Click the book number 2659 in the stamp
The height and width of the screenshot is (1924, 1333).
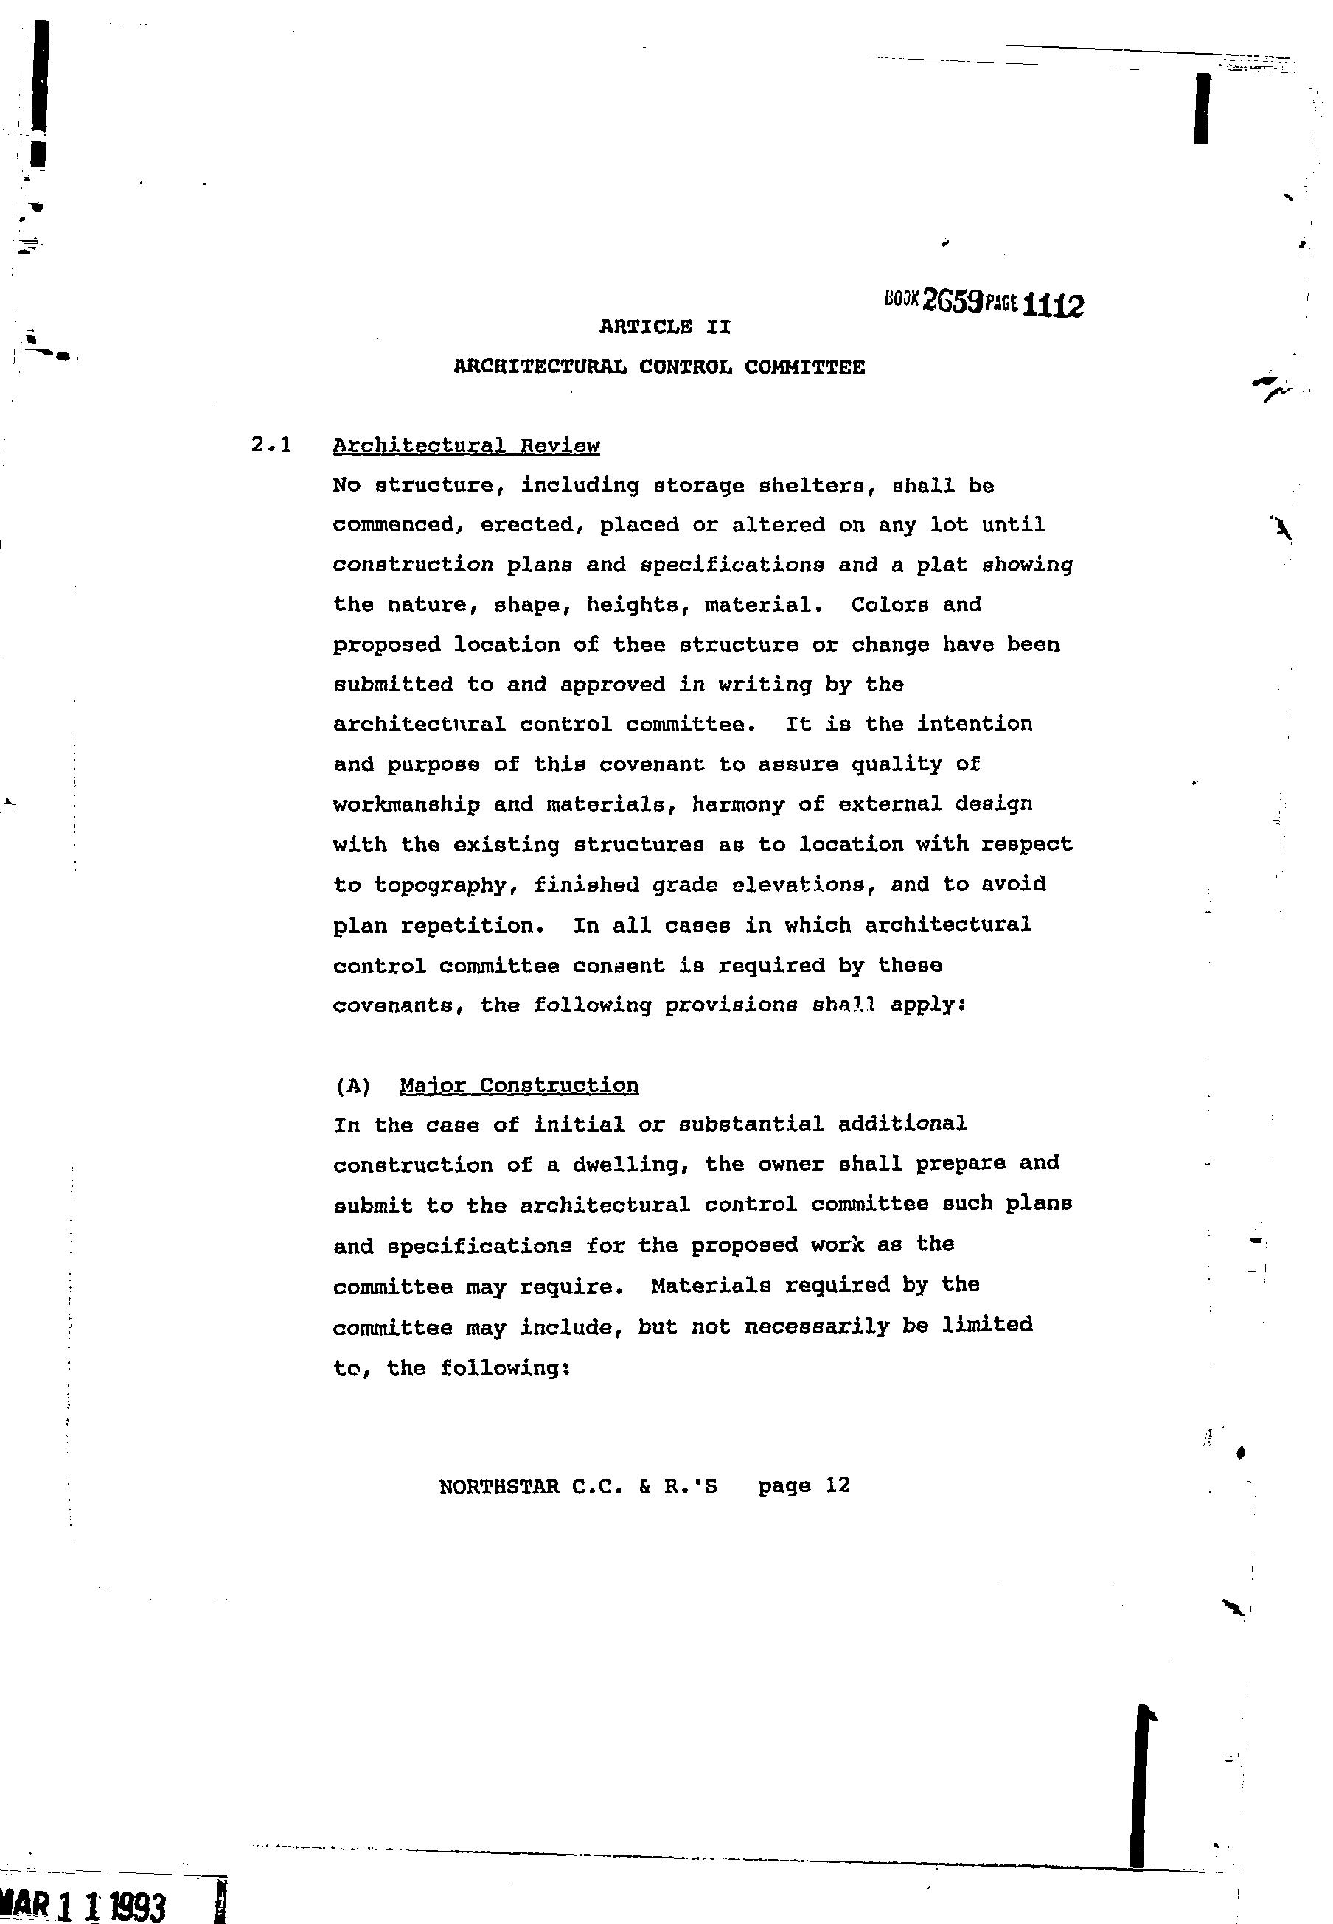click(951, 302)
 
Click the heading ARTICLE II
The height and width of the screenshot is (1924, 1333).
click(665, 327)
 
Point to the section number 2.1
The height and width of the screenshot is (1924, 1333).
click(271, 445)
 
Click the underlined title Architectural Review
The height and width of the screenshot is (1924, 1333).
click(466, 445)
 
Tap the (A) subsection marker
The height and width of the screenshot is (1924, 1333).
click(352, 1086)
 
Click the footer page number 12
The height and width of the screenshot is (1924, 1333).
click(837, 1485)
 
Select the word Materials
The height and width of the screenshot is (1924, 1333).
click(710, 1284)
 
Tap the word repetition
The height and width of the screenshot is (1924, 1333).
click(472, 925)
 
